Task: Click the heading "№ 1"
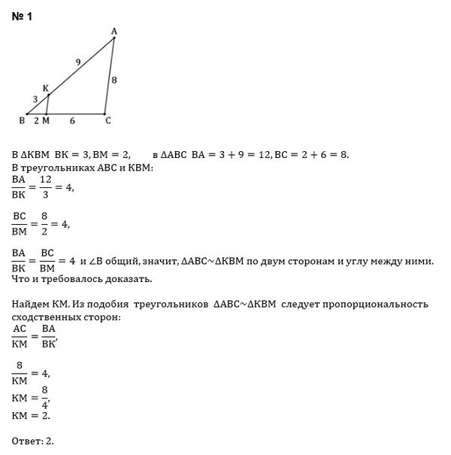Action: tap(22, 16)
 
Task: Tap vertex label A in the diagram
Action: tap(114, 31)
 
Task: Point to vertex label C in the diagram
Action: tap(107, 120)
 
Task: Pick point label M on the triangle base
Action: tap(46, 120)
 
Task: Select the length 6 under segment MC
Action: tap(72, 120)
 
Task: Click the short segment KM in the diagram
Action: tap(47, 105)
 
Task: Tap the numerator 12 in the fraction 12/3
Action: tap(45, 181)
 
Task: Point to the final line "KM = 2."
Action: tap(32, 414)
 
